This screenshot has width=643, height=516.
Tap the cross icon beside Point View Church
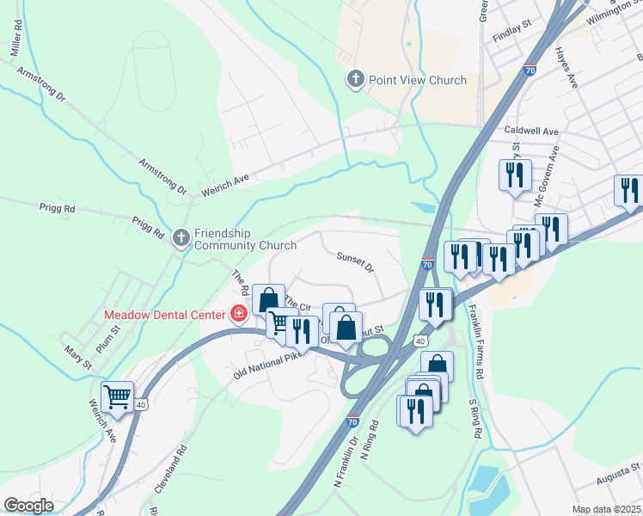tap(355, 80)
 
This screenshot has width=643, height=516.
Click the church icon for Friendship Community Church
tap(181, 236)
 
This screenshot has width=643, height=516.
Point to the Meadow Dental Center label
tap(163, 314)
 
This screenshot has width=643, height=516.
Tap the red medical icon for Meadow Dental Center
tap(238, 314)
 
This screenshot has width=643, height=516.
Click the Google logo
tap(28, 505)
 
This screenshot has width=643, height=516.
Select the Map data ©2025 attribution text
tap(605, 509)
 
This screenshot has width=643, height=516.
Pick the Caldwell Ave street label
tap(532, 132)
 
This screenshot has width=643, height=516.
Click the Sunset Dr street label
tap(355, 262)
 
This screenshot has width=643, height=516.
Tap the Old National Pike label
tap(268, 365)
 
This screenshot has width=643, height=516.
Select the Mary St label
tap(78, 357)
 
